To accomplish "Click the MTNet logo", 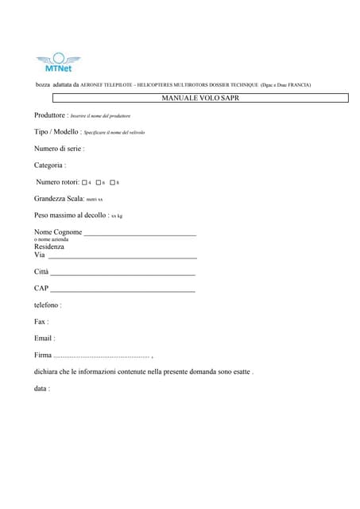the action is [x=58, y=63].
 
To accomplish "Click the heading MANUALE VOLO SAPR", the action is [x=200, y=98].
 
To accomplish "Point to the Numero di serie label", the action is [x=59, y=148].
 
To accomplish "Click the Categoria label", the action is [x=49, y=165].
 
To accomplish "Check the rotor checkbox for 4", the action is [x=84, y=182].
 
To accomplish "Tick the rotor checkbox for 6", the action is [x=98, y=182].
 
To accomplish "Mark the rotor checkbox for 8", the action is [x=112, y=182].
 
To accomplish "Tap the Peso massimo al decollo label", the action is [x=71, y=215].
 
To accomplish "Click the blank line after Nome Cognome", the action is [x=140, y=235].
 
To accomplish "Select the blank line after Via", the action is [x=122, y=258].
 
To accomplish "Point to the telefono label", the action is [x=48, y=305].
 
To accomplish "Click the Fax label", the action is [x=41, y=321].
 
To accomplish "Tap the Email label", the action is [x=45, y=338].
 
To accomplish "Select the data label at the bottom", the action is [x=42, y=388].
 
